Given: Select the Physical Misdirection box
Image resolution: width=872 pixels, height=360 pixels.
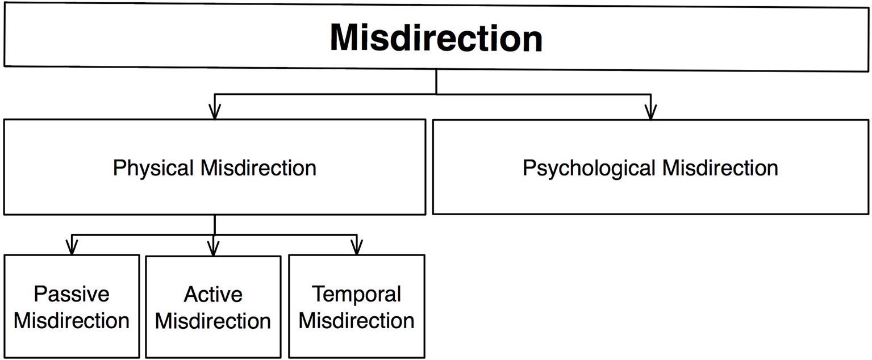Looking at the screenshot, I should [214, 167].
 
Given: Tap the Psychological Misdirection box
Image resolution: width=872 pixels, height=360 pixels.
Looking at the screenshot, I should [650, 167].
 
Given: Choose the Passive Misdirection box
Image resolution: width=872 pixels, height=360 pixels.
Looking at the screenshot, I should [72, 307].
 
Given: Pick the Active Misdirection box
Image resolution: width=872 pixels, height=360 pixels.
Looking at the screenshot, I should [213, 307].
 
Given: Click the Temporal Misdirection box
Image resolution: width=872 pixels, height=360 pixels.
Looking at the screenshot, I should [356, 307].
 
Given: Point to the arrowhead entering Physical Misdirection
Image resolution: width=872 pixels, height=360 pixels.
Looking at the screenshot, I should [214, 112].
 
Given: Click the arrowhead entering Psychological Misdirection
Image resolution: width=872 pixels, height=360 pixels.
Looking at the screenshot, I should [651, 112].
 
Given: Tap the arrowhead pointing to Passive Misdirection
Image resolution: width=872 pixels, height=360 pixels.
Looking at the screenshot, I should [72, 248].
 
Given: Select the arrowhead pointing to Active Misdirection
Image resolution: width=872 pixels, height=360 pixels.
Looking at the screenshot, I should [213, 248].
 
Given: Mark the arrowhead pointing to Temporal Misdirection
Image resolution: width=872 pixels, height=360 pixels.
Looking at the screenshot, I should [356, 248].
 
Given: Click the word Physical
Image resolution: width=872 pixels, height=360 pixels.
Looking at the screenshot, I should [153, 169].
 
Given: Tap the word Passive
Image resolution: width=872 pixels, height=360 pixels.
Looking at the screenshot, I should [72, 294].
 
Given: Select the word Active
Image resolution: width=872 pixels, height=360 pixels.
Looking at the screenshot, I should [213, 294].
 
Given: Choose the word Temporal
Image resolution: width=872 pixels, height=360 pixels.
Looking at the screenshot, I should [356, 294].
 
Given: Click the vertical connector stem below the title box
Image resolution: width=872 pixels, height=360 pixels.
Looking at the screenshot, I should [436, 82].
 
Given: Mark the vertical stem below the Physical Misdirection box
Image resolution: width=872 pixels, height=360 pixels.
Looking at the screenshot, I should [214, 224].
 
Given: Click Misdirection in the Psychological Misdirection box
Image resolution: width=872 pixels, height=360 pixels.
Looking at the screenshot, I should [720, 168].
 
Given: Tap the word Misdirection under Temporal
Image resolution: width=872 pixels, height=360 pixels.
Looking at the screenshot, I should [356, 320].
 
